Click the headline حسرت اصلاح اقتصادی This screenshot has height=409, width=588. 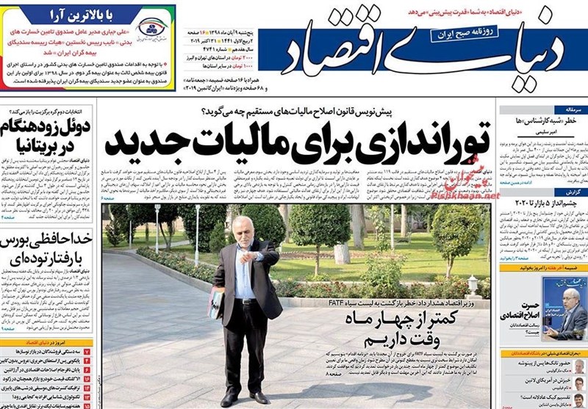(531, 309)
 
